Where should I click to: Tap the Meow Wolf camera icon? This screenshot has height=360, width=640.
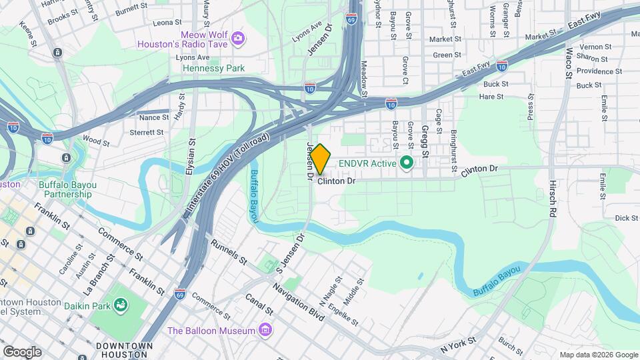(x=237, y=39)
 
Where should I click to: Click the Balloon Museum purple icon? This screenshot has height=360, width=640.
(x=265, y=331)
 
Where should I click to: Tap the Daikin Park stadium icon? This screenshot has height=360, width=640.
(x=121, y=305)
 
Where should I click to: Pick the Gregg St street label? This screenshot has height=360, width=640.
(x=424, y=144)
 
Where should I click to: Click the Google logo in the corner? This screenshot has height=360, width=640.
(x=22, y=351)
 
